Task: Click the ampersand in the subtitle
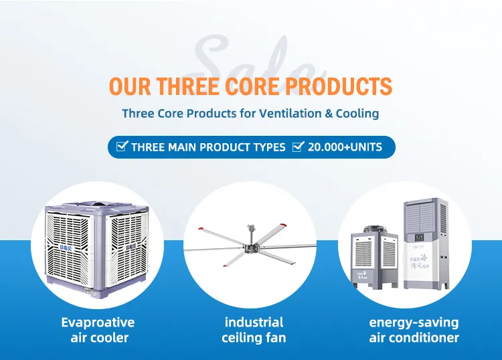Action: pos(329,113)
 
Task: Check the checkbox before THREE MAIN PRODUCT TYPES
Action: pos(122,147)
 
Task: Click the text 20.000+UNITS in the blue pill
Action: pos(345,147)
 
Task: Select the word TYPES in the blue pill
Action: pos(268,147)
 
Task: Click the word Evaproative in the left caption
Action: pos(98,323)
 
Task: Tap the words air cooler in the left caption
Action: pos(99,338)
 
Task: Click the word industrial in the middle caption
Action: pos(254,323)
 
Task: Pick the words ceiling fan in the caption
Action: pos(254,338)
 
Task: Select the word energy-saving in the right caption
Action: pos(414,323)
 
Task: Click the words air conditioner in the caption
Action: pos(414,338)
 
